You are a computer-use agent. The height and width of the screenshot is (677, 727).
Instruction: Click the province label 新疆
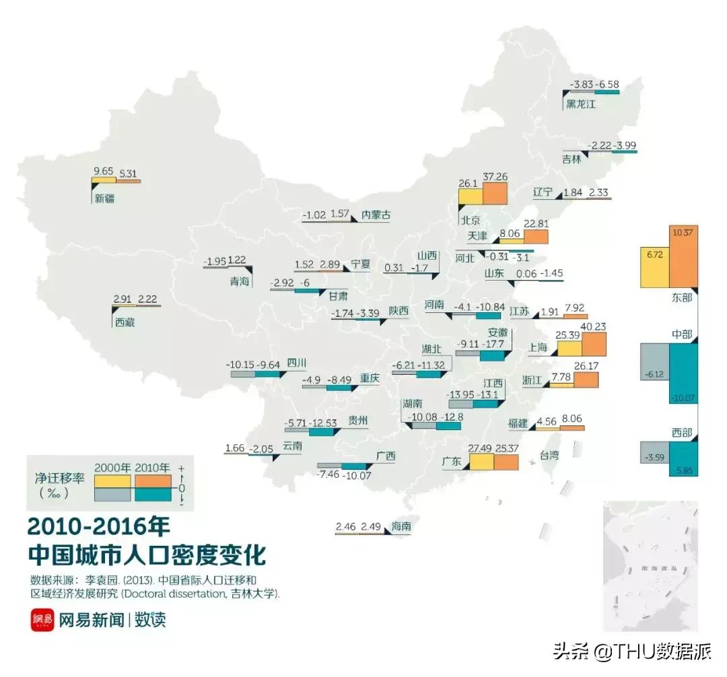click(104, 198)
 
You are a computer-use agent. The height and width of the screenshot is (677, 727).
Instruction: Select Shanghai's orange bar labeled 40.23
click(594, 344)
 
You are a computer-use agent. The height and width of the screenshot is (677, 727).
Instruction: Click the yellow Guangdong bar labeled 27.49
click(481, 462)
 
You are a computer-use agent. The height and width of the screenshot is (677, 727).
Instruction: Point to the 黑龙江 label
click(581, 104)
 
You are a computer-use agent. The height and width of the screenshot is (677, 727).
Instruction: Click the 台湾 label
click(549, 456)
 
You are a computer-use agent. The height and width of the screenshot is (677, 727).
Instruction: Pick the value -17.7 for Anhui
click(493, 345)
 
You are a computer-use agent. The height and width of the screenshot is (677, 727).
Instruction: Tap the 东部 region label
click(681, 297)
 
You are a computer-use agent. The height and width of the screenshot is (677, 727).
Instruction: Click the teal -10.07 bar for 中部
click(683, 373)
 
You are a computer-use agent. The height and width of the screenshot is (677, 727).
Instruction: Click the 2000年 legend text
click(112, 468)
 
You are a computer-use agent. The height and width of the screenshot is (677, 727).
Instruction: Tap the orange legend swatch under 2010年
click(155, 481)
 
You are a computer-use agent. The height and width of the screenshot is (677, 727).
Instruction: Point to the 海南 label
click(401, 527)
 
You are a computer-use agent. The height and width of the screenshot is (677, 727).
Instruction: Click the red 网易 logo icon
click(42, 620)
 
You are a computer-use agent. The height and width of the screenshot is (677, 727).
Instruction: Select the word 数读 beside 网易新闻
click(149, 619)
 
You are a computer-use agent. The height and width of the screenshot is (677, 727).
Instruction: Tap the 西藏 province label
click(125, 322)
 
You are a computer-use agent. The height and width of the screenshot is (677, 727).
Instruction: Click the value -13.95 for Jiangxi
click(461, 394)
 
